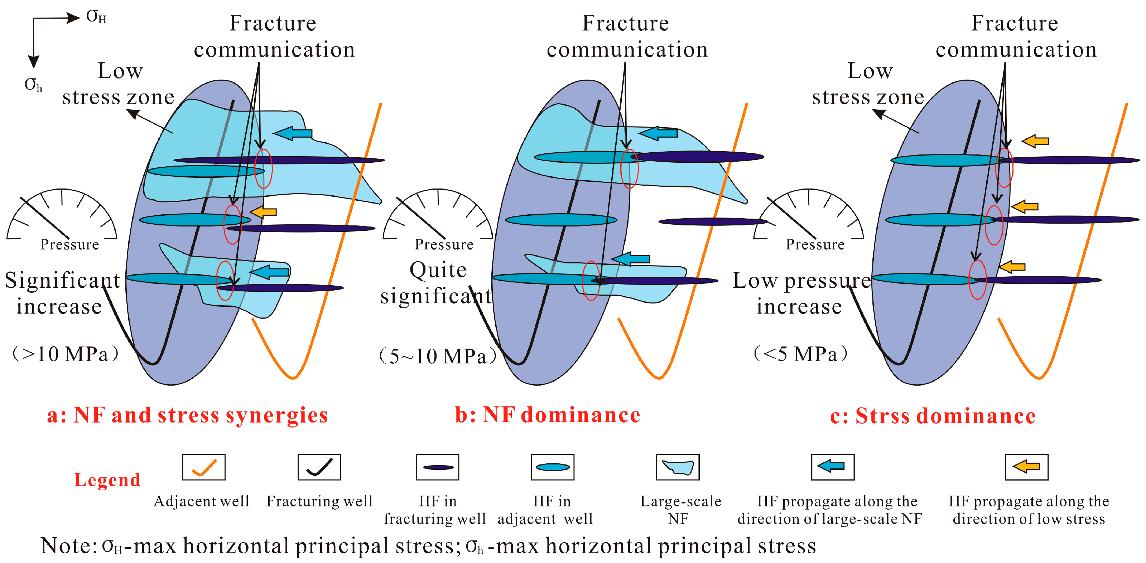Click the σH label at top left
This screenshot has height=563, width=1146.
[x=96, y=17]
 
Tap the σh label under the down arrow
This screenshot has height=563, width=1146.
[x=33, y=84]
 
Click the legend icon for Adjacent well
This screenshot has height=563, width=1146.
[x=203, y=467]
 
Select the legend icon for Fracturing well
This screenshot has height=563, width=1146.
[x=319, y=467]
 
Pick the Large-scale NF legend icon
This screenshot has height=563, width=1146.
[x=677, y=467]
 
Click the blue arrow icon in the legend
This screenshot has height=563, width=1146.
[x=832, y=467]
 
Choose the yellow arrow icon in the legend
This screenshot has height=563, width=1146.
[x=1026, y=467]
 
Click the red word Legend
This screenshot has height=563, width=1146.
[x=107, y=480]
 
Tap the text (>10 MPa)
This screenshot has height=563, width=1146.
[x=65, y=354]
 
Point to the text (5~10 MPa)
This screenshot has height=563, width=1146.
[x=438, y=356]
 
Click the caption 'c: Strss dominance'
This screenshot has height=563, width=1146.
[x=933, y=416]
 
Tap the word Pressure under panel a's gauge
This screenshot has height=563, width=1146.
[x=69, y=244]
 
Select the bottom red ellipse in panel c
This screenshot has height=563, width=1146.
[x=977, y=280]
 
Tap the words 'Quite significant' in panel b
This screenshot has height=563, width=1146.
[x=437, y=283]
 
